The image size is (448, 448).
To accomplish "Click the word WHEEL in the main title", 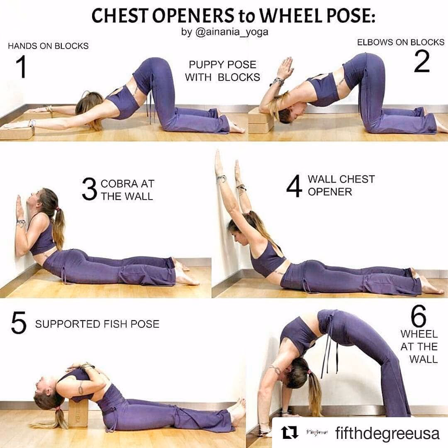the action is click(290, 16).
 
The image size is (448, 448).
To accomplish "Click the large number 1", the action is click(21, 66).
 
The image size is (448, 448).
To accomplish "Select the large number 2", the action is click(422, 61).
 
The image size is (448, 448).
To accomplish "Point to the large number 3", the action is click(89, 189).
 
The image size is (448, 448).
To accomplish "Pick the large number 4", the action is click(294, 186).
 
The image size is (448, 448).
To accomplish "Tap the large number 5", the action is click(19, 323).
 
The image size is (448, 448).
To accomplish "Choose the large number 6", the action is click(419, 316).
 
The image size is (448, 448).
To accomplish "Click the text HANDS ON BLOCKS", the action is click(48, 46).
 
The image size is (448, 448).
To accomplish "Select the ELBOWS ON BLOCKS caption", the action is click(401, 42).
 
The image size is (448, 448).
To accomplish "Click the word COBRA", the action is click(119, 184).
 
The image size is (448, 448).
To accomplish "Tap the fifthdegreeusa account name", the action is click(387, 433).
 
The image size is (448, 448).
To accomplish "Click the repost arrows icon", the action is click(290, 433).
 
